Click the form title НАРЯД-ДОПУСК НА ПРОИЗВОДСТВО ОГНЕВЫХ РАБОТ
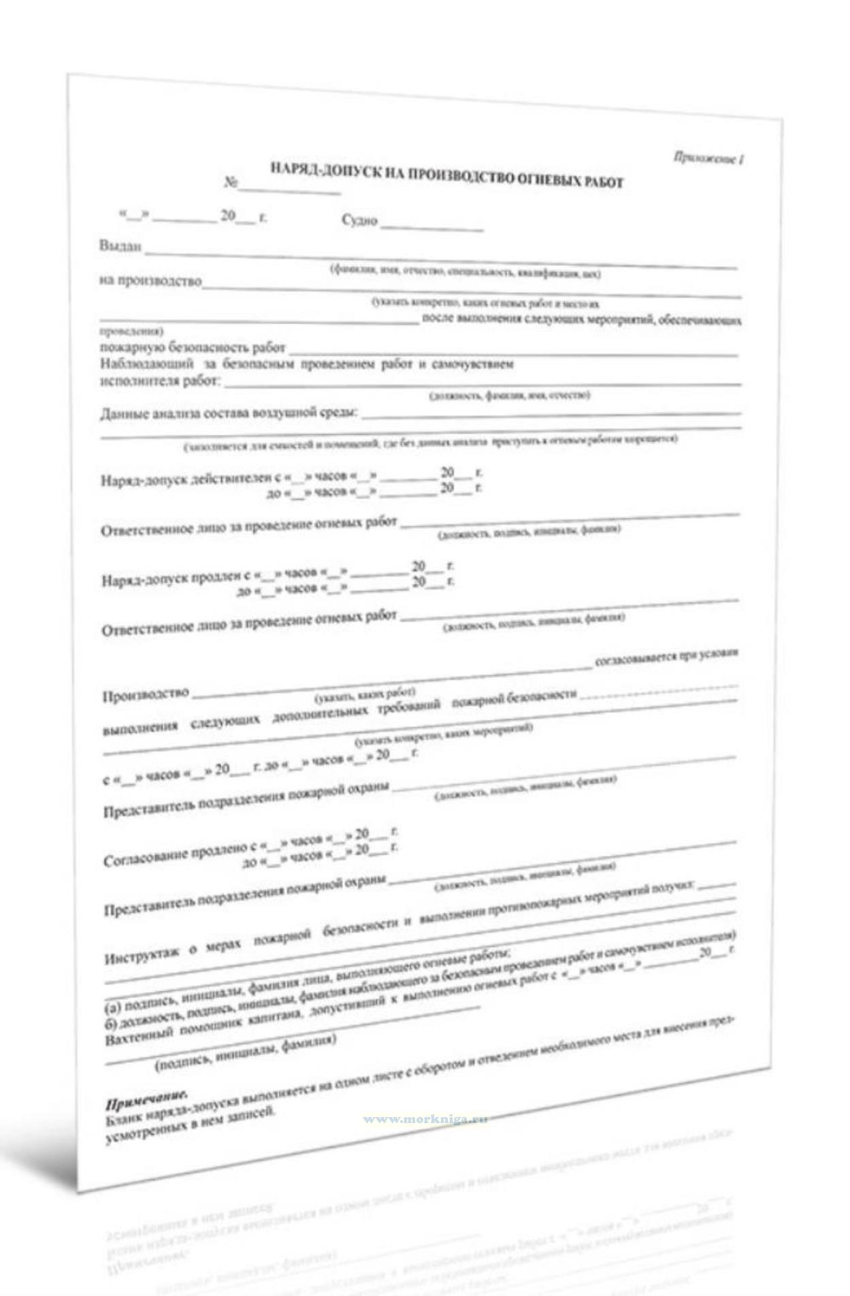click(x=446, y=174)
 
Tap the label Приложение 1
click(x=708, y=158)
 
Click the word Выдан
click(x=120, y=246)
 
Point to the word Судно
click(x=359, y=220)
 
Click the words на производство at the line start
click(x=150, y=280)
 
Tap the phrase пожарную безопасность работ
click(x=192, y=347)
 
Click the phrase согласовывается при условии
click(x=666, y=657)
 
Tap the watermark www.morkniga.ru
click(x=425, y=1119)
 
